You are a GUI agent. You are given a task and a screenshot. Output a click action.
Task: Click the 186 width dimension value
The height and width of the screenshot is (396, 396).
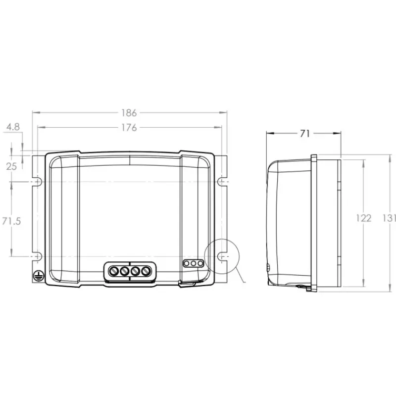[x=129, y=113]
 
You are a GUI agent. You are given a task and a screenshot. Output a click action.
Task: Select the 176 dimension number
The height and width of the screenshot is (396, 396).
[x=129, y=128]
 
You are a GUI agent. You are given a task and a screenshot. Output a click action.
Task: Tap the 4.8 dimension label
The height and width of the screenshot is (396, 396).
[x=13, y=127]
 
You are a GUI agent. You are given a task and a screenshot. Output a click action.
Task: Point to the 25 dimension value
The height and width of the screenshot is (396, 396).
[x=11, y=166]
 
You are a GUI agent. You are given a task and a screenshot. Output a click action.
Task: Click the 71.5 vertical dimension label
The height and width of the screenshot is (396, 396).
[x=11, y=221]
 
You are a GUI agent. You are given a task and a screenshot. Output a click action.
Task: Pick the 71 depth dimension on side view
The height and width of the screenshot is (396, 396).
[x=305, y=134]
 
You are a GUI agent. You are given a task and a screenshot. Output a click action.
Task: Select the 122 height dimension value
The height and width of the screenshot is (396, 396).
[x=364, y=218]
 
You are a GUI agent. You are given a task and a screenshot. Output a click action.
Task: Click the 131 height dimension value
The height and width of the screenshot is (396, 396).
[x=389, y=218]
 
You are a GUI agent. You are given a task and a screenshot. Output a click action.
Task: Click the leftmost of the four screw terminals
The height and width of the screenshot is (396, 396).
[x=114, y=271]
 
